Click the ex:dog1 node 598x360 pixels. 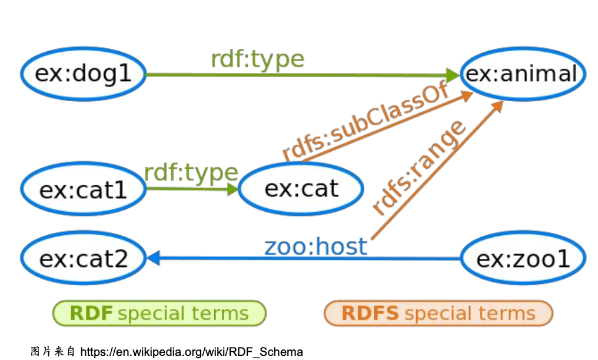tap(83, 74)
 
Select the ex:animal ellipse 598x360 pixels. tap(522, 74)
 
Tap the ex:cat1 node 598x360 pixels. tap(83, 189)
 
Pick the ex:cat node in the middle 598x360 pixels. tap(301, 188)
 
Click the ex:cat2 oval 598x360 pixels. tap(83, 258)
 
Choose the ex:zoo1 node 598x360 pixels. tap(523, 258)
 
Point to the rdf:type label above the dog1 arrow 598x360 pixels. tap(257, 59)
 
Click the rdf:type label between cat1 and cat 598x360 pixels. tap(191, 173)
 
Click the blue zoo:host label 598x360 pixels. tap(315, 246)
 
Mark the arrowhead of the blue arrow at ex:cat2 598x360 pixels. tap(153, 258)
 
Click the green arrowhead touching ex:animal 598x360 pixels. tap(453, 75)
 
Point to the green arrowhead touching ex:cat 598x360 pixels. tap(232, 189)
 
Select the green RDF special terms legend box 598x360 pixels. tap(159, 314)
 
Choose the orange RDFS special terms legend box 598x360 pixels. tap(438, 314)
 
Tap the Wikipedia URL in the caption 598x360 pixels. tap(191, 352)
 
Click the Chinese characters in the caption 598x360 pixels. tap(53, 352)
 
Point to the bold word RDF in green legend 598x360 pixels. tap(91, 314)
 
